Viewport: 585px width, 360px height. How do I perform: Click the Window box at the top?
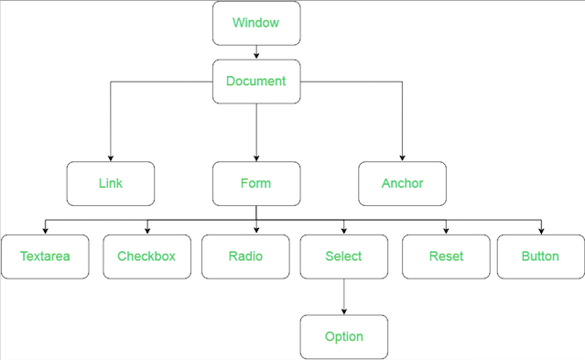coord(256,23)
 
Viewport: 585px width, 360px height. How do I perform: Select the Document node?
coord(256,82)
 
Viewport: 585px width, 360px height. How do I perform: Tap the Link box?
coord(111,183)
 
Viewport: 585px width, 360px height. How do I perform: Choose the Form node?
coord(256,183)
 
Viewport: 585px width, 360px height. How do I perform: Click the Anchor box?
coord(403,183)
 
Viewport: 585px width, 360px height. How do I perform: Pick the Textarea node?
coord(45,256)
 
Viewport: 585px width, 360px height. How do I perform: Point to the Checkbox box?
coord(146,256)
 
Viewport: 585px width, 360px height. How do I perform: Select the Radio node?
coord(245,256)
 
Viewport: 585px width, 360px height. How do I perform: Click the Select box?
coord(344,256)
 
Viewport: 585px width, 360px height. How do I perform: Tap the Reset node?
coord(447,256)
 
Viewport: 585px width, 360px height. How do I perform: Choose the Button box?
coord(540,256)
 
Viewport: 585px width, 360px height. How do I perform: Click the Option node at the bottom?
coord(344,337)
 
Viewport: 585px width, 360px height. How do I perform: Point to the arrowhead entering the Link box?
coord(111,158)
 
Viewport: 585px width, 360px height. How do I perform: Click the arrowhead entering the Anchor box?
coord(403,158)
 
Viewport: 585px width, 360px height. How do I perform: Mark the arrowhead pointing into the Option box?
coord(344,311)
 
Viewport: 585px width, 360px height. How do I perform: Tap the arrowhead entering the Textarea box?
coord(45,231)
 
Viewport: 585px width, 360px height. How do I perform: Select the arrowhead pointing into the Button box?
coord(540,231)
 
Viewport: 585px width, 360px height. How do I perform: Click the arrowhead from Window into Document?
coord(256,56)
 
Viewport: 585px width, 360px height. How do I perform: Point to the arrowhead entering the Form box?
coord(256,158)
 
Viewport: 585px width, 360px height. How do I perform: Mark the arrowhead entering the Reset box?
coord(447,231)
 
